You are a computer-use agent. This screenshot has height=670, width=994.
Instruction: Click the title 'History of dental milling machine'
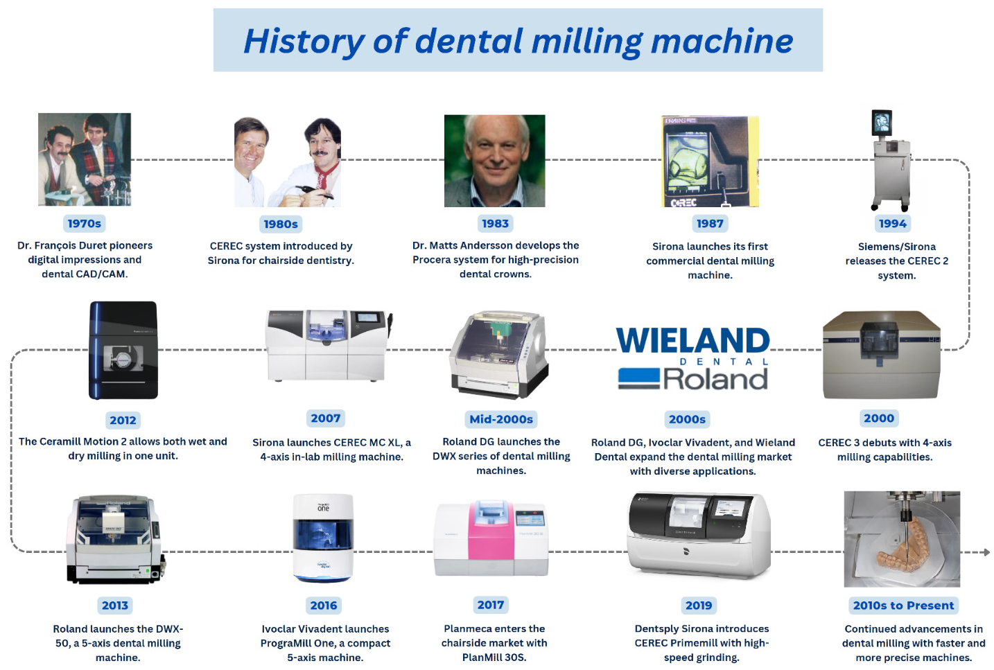(518, 41)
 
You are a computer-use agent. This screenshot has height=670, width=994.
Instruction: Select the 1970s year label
(85, 223)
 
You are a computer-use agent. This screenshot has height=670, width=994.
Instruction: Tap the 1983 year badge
(495, 223)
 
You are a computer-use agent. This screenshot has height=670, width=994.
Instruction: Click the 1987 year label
(710, 223)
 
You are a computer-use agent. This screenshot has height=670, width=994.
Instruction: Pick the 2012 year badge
(123, 420)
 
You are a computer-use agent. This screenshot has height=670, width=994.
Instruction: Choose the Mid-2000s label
(501, 419)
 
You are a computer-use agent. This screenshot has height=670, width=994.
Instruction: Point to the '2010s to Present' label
(903, 605)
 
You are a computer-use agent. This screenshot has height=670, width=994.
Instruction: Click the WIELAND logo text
(692, 340)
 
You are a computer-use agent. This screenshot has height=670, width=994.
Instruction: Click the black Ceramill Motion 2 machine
(123, 350)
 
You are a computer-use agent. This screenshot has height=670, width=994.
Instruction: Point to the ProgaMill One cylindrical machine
(323, 538)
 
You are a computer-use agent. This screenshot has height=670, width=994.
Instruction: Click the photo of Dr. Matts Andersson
(494, 161)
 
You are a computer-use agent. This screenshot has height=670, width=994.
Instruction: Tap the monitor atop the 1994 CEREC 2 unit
(882, 123)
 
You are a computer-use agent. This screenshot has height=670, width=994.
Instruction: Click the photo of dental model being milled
(902, 539)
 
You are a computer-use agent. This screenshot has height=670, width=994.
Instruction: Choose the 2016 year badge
(324, 605)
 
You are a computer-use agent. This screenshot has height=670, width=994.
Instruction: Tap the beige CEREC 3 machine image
(881, 355)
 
